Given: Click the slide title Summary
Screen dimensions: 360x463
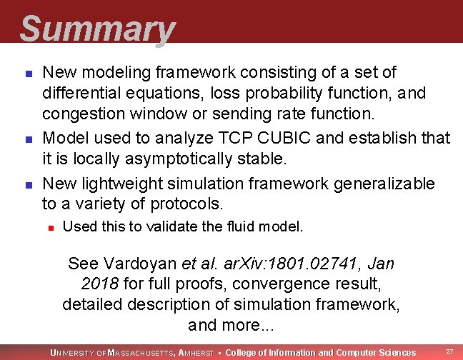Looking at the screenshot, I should click(x=96, y=30).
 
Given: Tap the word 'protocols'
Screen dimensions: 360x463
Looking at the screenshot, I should click(x=186, y=204).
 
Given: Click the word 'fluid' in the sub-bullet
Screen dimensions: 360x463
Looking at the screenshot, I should click(x=235, y=227).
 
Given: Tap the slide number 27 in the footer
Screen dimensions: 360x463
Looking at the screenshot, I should click(x=449, y=351).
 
